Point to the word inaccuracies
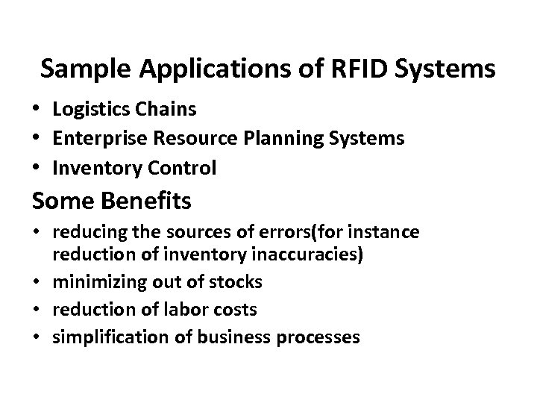[x=307, y=256]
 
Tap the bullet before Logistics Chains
[x=37, y=110]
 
